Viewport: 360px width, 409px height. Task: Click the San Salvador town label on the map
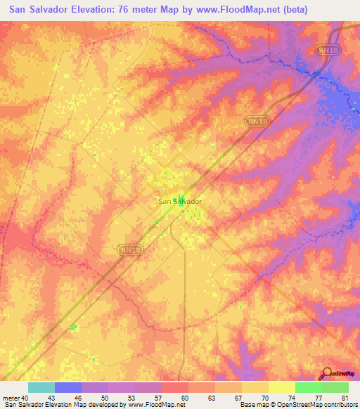click(180, 201)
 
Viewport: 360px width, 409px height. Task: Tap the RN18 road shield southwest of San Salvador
click(125, 248)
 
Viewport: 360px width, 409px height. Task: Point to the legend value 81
click(345, 397)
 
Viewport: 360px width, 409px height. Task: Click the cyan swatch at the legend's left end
click(41, 387)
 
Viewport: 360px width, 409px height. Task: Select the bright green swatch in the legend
click(308, 387)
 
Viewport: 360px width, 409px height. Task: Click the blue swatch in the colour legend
click(67, 387)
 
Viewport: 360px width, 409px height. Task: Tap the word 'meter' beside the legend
click(11, 397)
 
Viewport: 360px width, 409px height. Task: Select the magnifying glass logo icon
click(326, 374)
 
